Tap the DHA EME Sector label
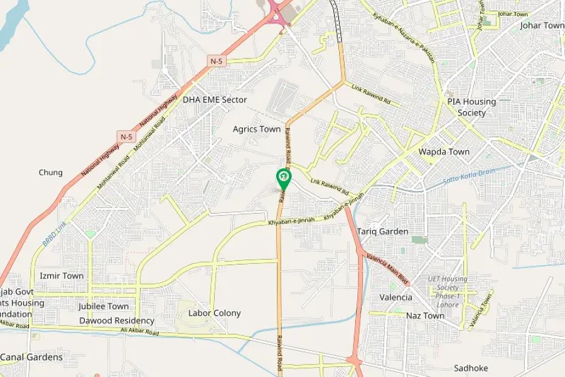click(215, 100)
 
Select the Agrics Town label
click(257, 129)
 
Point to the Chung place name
click(51, 173)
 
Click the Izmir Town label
click(62, 276)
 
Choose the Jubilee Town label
click(104, 307)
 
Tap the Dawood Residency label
click(117, 320)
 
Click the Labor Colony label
click(215, 313)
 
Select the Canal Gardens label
click(31, 357)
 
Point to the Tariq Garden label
click(383, 231)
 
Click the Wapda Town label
click(444, 152)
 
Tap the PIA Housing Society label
click(471, 107)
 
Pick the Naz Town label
click(425, 315)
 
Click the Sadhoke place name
click(471, 368)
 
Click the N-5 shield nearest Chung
click(126, 136)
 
